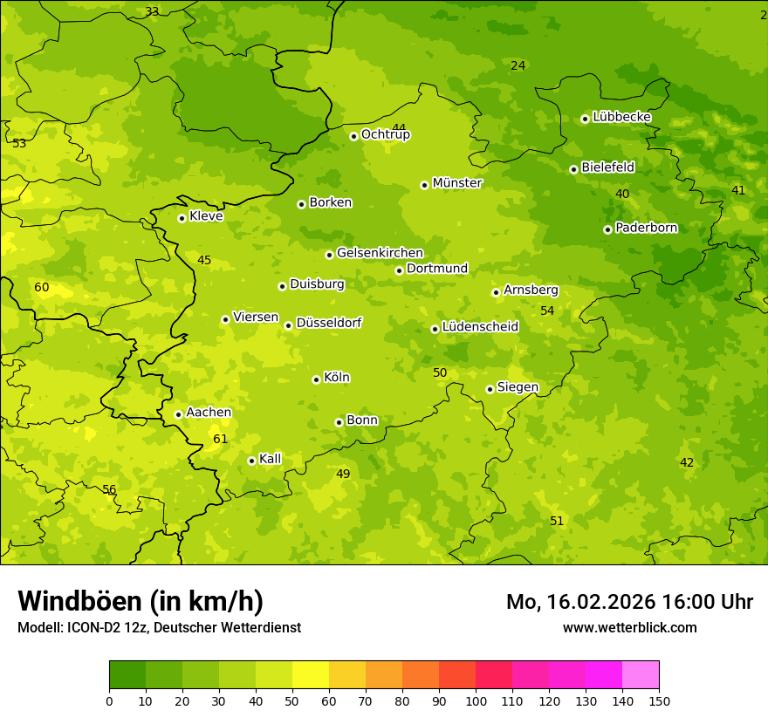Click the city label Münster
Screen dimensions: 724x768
pos(456,183)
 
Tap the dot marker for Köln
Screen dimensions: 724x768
pos(316,379)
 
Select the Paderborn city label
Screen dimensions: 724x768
pos(646,228)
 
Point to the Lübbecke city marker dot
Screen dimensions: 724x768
pos(585,119)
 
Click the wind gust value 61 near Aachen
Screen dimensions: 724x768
pos(220,439)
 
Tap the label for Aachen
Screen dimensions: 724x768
pos(209,413)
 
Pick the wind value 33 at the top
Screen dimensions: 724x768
pos(152,11)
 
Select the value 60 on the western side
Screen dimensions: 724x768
pos(41,287)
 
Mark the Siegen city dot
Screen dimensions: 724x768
pos(490,389)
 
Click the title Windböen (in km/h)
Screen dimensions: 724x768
pos(141,601)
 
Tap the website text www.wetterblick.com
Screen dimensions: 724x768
pos(629,627)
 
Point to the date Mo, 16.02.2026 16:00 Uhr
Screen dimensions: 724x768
pos(629,602)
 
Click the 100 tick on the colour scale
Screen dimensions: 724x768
pos(476,700)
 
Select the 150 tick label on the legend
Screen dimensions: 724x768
pos(658,700)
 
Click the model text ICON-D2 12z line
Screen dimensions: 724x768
pos(159,627)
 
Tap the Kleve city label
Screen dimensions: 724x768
pos(206,216)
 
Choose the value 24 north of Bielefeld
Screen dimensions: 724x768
pos(518,65)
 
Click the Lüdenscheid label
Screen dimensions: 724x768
pos(480,327)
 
